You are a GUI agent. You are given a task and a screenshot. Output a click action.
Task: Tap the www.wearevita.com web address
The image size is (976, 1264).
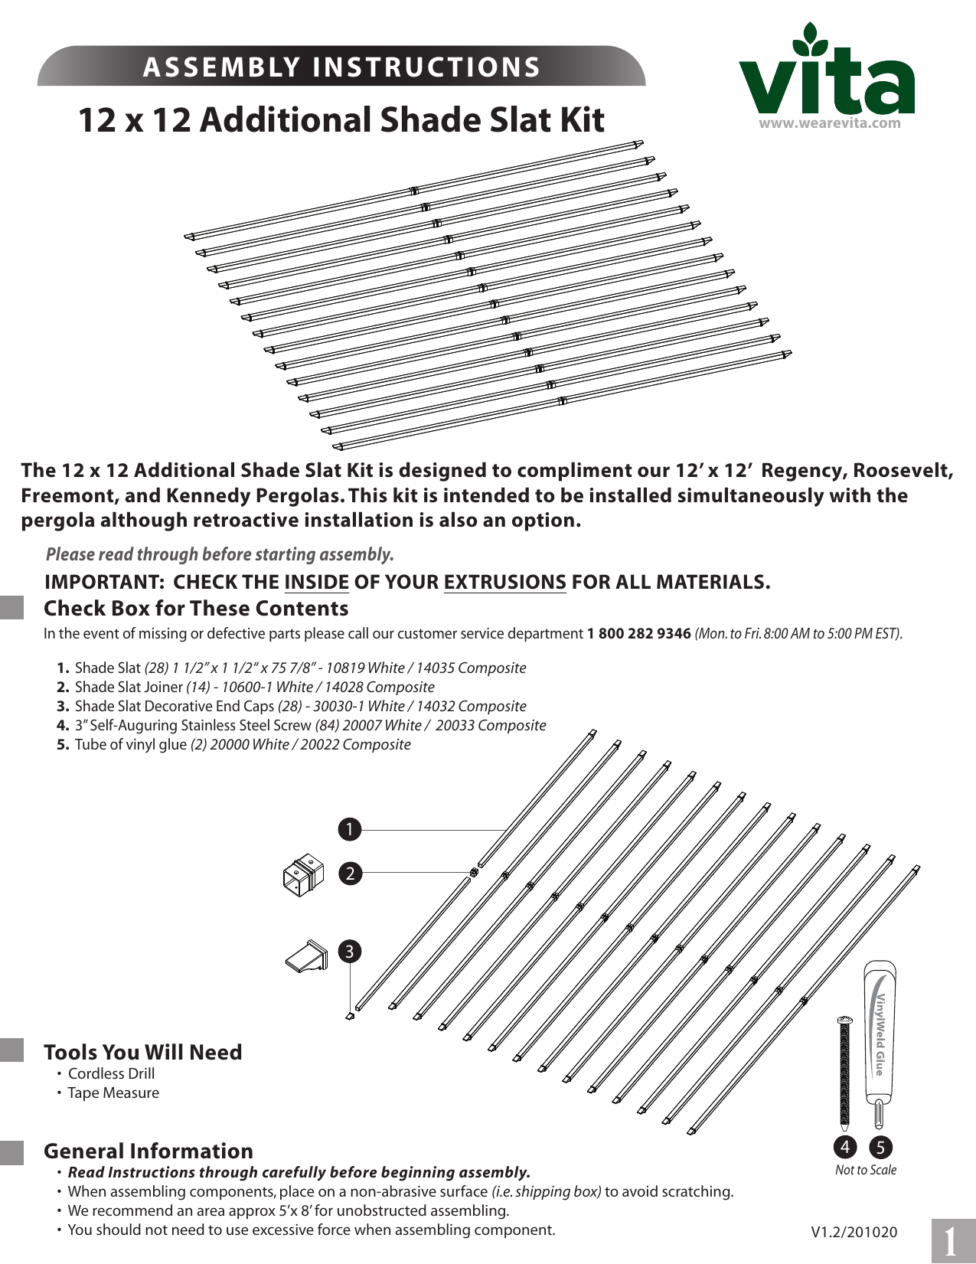point(829,123)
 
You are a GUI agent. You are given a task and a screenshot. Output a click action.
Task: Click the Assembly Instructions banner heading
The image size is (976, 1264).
point(341,67)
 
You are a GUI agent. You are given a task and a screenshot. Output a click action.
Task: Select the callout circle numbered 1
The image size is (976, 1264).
point(349,829)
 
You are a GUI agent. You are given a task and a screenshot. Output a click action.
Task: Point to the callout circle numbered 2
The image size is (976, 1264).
point(350,874)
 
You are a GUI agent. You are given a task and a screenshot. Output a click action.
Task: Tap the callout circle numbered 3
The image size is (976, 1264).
point(350,952)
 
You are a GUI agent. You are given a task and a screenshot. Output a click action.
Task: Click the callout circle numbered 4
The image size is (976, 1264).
point(844,1147)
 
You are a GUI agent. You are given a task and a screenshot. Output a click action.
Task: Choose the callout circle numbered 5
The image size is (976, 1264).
point(880,1147)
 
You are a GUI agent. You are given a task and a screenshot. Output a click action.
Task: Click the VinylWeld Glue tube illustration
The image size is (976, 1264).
point(880,1041)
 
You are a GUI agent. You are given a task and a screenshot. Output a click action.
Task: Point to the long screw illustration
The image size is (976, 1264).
point(844,1072)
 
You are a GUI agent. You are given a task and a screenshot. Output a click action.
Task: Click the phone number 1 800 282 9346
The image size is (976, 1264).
point(638,634)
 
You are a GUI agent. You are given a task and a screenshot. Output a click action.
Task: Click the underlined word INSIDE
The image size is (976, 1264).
point(316,583)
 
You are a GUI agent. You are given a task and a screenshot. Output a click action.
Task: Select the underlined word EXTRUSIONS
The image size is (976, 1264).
point(504,583)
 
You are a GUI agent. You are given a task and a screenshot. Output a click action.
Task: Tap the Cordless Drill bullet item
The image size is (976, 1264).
point(111,1074)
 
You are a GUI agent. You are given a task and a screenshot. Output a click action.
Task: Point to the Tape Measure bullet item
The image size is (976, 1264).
point(113,1093)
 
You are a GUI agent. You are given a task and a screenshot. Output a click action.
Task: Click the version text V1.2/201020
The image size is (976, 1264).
point(854,1232)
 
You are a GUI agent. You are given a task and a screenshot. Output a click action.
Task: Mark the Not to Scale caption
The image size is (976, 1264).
point(865,1170)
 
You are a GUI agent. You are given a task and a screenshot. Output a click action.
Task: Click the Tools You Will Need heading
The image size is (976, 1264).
point(142,1053)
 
